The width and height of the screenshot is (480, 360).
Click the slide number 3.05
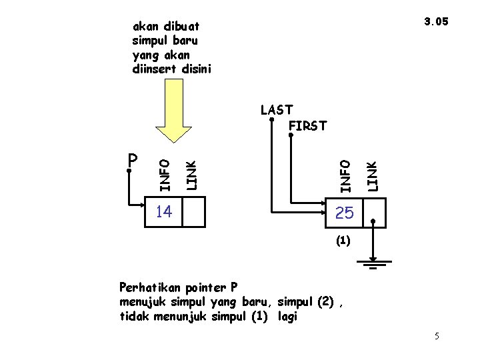(437, 21)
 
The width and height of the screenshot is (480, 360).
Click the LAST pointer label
(276, 110)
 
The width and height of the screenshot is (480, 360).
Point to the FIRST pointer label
(307, 125)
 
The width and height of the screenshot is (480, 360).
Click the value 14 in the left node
(163, 212)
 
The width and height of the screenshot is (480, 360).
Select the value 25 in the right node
(345, 213)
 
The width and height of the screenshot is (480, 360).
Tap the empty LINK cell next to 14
(193, 213)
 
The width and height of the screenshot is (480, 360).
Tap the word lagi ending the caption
(288, 317)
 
